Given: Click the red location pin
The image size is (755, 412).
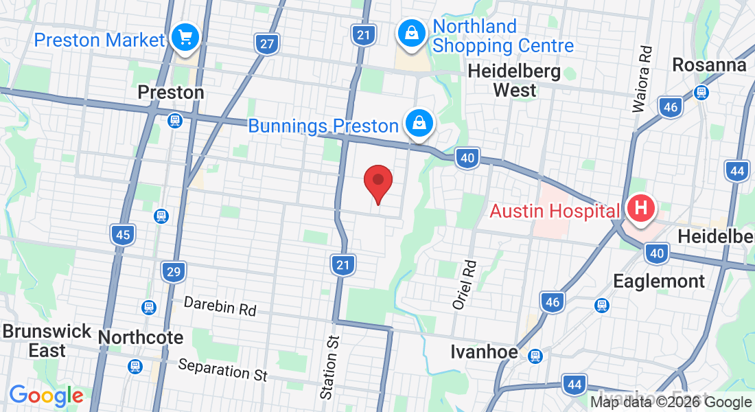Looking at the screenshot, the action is coord(377,182).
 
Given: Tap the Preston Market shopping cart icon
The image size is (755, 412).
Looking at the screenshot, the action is coord(185,37).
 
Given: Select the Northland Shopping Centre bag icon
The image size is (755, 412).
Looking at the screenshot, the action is coord(410,32).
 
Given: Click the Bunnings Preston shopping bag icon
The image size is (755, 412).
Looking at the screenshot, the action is coord(417,124).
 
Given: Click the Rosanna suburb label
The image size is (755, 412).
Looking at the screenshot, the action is coord(709,65).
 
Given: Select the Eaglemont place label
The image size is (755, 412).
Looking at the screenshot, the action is coord(659,281).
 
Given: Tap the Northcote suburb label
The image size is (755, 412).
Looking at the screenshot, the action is coord(141,338).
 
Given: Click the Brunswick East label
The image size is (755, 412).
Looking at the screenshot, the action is coord(47,341).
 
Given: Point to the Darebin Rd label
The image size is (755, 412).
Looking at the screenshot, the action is coord(220,306).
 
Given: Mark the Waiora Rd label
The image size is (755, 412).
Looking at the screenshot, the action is coord(641,79).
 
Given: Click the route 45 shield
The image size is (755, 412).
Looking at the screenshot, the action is coord(122,236).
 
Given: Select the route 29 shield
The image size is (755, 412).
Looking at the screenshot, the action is coord(174,272).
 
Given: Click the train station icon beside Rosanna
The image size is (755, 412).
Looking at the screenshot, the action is coord(701,92).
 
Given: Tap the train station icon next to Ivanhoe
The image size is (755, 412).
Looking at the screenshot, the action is coord(535,356).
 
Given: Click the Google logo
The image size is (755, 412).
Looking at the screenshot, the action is coord(46,396).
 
